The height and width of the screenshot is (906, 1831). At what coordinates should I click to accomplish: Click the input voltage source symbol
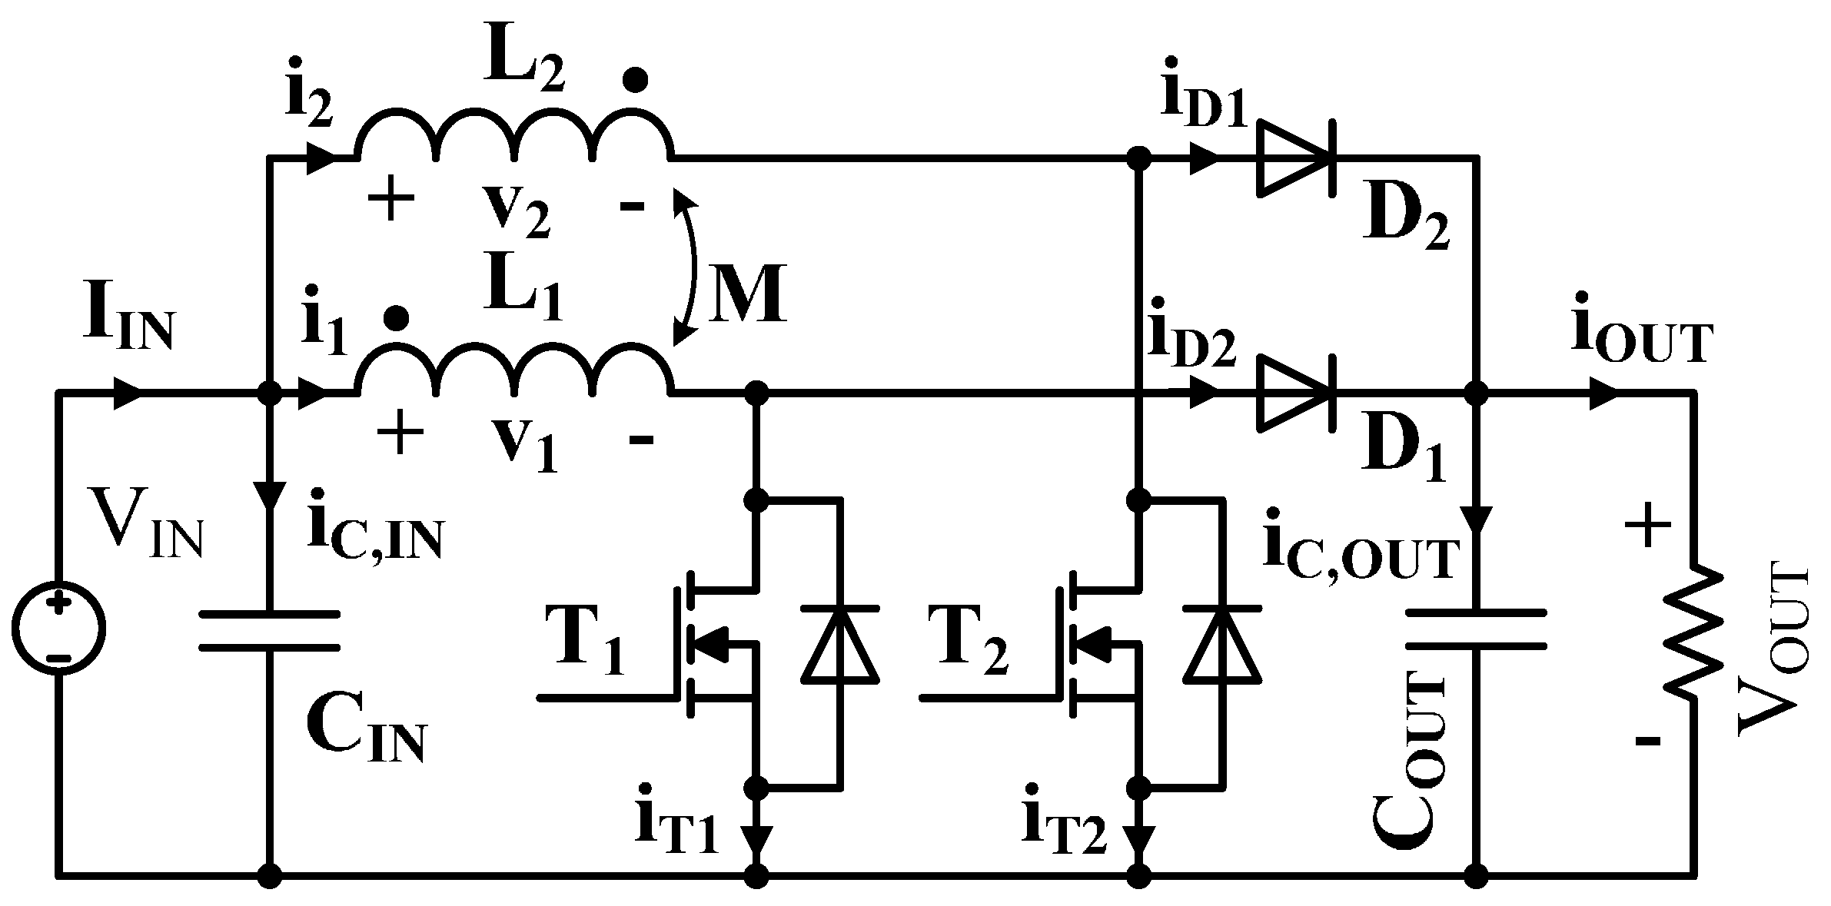tap(58, 629)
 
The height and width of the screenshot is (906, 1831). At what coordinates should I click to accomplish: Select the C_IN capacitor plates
tap(269, 630)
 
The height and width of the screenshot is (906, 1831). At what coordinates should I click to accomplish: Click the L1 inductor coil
tap(513, 372)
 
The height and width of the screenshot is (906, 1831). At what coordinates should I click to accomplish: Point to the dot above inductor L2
tap(635, 79)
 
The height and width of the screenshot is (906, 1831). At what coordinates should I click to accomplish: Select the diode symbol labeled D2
tap(1295, 159)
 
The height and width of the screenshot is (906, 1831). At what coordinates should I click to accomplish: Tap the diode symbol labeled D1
tap(1295, 393)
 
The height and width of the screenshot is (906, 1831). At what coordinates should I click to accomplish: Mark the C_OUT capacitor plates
tap(1476, 630)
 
